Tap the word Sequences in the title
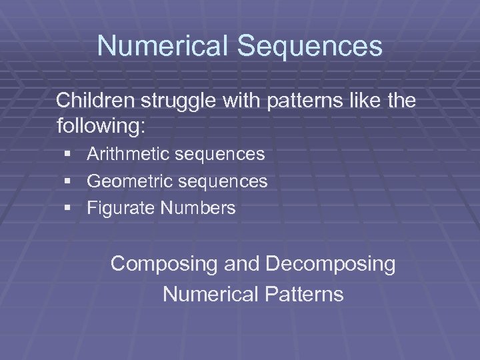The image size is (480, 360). [x=309, y=47]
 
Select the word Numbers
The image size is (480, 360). [x=198, y=208]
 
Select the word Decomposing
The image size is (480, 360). [x=331, y=265]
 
